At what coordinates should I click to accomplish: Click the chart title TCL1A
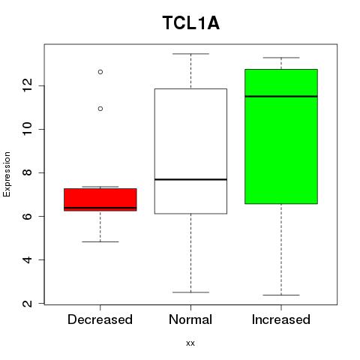tap(191, 23)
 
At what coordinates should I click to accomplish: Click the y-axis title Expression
tap(7, 174)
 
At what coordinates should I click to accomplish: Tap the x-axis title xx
tap(190, 343)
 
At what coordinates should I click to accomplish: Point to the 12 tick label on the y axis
tap(28, 85)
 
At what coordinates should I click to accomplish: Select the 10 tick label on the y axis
tap(28, 129)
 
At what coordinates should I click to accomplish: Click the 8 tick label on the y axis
tap(28, 172)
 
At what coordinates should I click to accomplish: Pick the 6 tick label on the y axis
tap(28, 216)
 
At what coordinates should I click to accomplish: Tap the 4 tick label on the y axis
tap(28, 259)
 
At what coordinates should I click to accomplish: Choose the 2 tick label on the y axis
tap(28, 304)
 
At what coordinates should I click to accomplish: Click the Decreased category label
tap(100, 319)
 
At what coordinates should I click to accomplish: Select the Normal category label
tap(190, 319)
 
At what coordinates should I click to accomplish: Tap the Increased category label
tap(281, 319)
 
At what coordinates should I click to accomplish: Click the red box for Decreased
tap(100, 199)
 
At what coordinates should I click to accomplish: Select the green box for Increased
tap(281, 136)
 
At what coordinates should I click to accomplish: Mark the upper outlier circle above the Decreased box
tap(100, 72)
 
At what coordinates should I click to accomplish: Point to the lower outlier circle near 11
tap(100, 109)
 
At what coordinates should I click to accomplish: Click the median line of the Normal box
tap(190, 179)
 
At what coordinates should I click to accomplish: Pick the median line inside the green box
tap(281, 96)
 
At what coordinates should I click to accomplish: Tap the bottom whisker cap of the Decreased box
tap(100, 241)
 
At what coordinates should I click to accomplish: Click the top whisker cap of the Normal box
tap(190, 54)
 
